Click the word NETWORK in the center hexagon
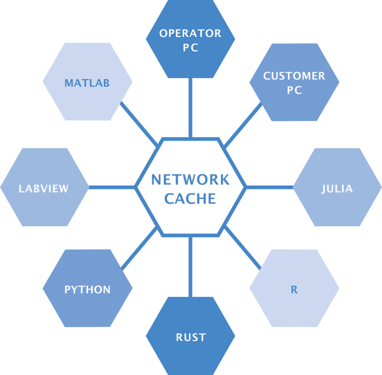coord(191,179)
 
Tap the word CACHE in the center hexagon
coord(191,198)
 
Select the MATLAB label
coord(87,83)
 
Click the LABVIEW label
coord(44,188)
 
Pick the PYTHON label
coord(88,289)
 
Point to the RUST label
coord(191,338)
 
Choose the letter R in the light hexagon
coord(294,289)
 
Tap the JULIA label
coord(337,188)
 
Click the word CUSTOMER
coord(294,76)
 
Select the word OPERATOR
coord(191,33)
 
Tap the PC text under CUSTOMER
coord(294,91)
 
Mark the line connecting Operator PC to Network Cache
coord(191,107)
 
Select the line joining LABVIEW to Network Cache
coord(112,187)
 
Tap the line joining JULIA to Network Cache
coord(269,187)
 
